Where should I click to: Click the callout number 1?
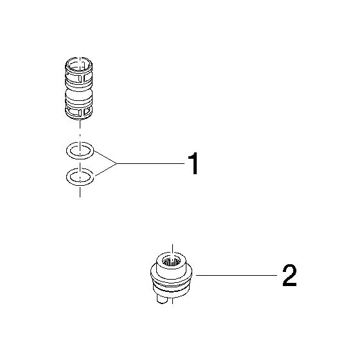194,163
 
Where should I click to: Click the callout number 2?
289,275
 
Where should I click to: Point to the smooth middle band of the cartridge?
79,94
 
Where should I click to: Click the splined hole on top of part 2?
171,262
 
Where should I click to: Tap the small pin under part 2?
161,299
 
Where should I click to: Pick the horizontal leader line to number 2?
237,275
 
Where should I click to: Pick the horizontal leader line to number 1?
151,163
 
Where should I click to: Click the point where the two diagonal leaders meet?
117,163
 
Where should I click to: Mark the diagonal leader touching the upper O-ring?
105,157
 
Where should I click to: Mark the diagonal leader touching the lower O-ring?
106,170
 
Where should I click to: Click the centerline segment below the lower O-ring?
80,192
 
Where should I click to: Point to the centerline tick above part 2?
172,250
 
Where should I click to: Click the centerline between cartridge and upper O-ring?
80,130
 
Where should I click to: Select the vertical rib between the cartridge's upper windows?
82,78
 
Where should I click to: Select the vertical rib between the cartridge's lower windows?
83,112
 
